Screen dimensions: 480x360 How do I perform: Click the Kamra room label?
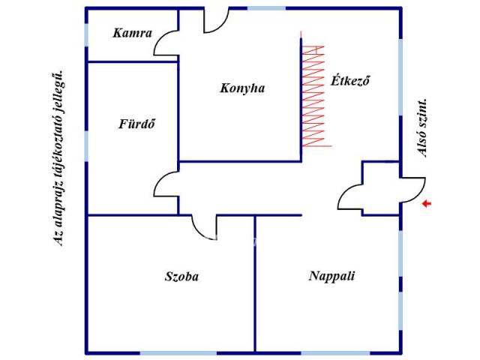(132, 33)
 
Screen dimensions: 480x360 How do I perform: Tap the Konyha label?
(242, 88)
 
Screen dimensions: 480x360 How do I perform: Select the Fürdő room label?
(136, 124)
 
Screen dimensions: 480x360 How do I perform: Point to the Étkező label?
(350, 80)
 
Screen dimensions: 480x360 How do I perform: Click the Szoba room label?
(181, 277)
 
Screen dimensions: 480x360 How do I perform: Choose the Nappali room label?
(331, 276)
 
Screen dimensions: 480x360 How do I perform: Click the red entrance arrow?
(427, 203)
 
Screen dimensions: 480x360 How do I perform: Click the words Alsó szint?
(421, 128)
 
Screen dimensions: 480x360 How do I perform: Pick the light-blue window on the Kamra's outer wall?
(87, 35)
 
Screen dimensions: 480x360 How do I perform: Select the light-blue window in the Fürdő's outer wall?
(87, 146)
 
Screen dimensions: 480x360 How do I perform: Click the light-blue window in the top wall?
(267, 8)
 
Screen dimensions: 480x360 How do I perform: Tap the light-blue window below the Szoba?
(178, 353)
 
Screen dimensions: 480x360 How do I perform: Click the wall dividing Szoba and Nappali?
(255, 283)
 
